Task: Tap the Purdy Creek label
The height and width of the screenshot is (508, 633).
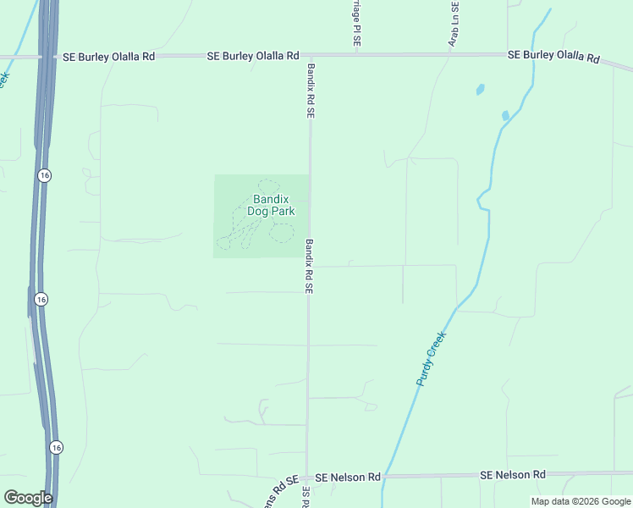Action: point(431,359)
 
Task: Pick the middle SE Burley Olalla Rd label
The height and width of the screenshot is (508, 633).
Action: point(253,56)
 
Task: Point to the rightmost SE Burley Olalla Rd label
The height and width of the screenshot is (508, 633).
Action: point(553,56)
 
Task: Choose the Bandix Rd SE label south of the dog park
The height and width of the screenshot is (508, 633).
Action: point(309,266)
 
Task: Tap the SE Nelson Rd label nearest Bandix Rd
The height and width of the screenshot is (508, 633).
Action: point(347,478)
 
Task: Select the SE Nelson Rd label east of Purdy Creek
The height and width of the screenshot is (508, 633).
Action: point(513,476)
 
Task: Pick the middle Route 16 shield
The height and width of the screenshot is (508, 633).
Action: point(41,299)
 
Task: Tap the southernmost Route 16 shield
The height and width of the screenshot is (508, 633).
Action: point(55,447)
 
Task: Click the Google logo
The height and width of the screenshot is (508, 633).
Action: point(28,498)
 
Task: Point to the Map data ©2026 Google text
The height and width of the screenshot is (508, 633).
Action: point(580,501)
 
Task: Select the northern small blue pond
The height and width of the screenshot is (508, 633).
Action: point(480,88)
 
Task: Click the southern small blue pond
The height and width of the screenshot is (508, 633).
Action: point(505,115)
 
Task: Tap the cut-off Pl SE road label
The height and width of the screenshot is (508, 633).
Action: point(356,22)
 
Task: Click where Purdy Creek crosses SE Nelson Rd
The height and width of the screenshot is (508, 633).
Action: point(385,477)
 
